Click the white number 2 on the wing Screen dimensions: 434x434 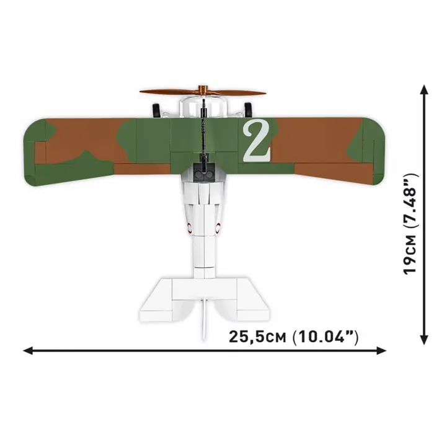(x=257, y=141)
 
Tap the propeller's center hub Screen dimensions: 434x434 (x=203, y=91)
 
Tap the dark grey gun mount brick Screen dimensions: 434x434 (x=204, y=174)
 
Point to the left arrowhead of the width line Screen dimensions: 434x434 (x=27, y=352)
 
